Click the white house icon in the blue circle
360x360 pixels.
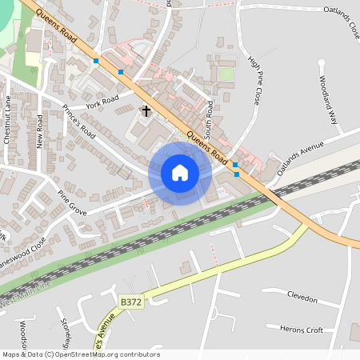180,173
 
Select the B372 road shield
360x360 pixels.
130,302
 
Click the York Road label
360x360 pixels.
102,102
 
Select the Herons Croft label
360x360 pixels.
301,329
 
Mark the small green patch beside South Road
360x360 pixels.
227,74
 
